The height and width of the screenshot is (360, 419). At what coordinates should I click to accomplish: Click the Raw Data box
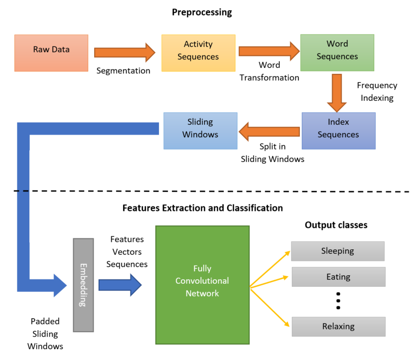(51, 52)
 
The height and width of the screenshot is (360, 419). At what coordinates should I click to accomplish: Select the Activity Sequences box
(198, 52)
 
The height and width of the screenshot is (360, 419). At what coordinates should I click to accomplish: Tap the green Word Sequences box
(337, 52)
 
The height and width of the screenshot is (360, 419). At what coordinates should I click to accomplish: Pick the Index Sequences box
(338, 131)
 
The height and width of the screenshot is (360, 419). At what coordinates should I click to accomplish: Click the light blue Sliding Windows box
(200, 131)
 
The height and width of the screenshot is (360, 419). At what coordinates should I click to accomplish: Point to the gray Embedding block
(83, 285)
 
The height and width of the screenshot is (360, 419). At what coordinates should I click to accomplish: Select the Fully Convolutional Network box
(202, 284)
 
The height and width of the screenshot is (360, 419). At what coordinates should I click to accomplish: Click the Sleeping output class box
(337, 251)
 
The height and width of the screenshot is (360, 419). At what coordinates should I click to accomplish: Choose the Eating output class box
(338, 277)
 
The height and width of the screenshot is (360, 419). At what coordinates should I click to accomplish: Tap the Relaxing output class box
(338, 327)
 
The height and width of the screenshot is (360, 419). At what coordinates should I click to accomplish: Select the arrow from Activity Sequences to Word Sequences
(268, 51)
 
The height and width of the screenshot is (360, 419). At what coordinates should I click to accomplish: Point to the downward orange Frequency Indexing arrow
(337, 93)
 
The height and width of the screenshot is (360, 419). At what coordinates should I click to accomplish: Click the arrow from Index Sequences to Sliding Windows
(269, 132)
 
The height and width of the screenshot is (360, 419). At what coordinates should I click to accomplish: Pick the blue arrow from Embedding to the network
(120, 285)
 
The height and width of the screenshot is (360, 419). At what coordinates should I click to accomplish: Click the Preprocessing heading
(202, 12)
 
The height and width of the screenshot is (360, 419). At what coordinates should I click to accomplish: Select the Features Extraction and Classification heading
(202, 208)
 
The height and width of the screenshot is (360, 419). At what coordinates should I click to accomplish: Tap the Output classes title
(336, 225)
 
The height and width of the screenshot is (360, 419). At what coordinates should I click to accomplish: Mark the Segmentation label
(123, 71)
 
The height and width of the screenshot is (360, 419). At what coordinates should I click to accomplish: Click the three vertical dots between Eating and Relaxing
(338, 301)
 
